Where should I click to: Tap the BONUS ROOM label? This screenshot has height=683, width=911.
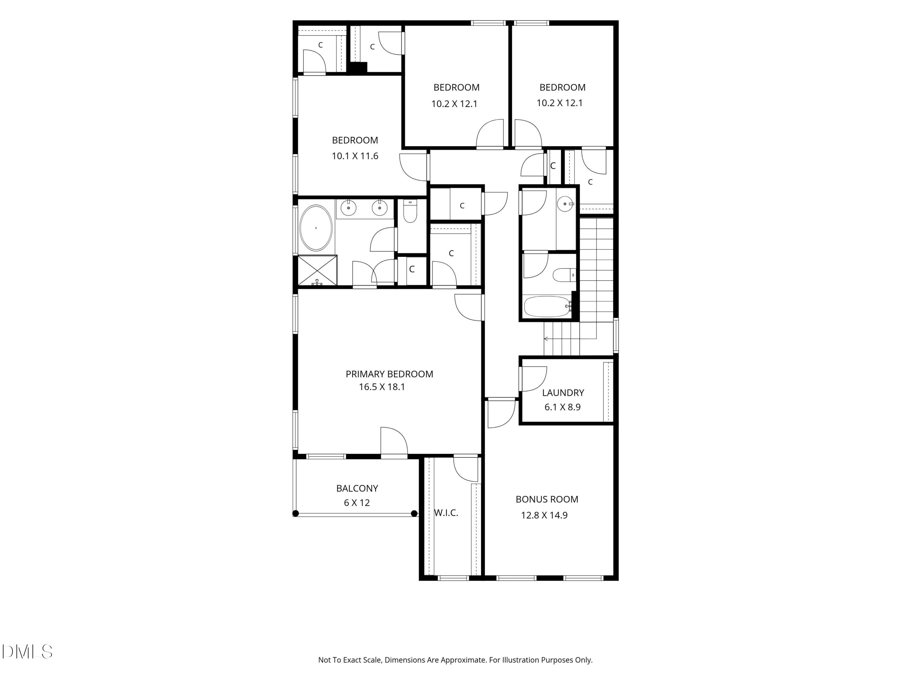[547, 499]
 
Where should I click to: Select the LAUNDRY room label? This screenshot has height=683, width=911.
[563, 393]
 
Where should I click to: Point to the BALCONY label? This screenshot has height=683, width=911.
[357, 488]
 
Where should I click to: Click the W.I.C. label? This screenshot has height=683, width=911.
[446, 513]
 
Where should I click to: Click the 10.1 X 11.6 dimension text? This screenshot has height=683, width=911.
[355, 156]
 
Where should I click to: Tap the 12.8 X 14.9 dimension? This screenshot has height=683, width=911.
[544, 515]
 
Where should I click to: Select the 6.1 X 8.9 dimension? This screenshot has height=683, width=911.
[563, 407]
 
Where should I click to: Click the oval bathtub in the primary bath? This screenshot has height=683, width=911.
[316, 228]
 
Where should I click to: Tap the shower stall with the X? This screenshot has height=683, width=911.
[317, 270]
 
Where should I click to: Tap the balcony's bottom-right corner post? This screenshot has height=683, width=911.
[414, 513]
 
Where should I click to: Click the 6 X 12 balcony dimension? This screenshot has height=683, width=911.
[357, 503]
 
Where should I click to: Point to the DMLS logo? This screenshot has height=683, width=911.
[27, 652]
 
